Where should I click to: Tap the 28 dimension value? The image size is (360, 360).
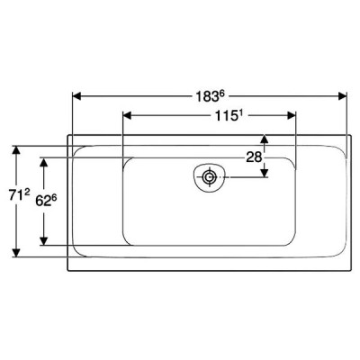tap(254, 157)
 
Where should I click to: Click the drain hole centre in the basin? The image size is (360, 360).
tap(209, 177)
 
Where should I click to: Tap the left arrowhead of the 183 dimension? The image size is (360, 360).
tap(77, 96)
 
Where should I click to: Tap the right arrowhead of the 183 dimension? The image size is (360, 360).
tap(343, 96)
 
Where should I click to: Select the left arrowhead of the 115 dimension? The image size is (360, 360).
tap(128, 115)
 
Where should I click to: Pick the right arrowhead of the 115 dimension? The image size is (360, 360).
tap(292, 115)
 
